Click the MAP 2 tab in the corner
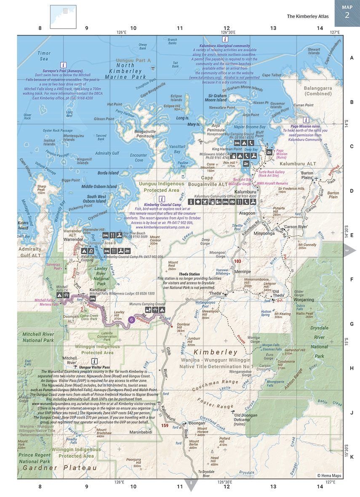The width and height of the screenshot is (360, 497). [347, 13]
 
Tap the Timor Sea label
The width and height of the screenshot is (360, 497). [44, 56]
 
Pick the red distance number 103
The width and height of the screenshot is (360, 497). [237, 261]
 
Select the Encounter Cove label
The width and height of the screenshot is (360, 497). [139, 158]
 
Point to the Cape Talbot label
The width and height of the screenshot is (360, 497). [272, 75]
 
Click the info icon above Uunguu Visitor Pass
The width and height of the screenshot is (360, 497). [95, 361]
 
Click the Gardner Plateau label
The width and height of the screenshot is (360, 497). [60, 468]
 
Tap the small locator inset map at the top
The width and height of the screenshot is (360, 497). [63, 16]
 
